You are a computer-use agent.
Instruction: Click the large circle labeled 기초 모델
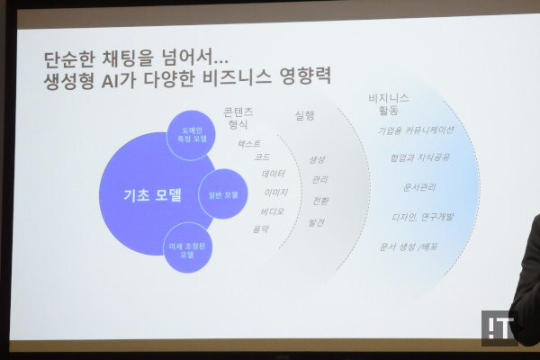point(148,193)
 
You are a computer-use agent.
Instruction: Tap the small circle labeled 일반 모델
point(222,193)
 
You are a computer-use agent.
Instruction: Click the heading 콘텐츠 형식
point(238,119)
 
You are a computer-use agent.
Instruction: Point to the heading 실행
point(305,115)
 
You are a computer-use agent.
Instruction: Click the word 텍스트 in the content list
point(249,143)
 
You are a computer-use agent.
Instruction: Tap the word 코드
point(263,157)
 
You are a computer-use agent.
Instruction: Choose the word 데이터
point(274,174)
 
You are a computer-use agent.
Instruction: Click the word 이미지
point(275,193)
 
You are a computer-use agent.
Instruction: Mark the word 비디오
point(272,211)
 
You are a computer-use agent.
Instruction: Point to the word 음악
point(261,229)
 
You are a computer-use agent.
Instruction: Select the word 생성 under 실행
point(317,159)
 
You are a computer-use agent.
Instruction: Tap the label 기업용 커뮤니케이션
point(417,130)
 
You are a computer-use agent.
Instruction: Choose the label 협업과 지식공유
point(420,157)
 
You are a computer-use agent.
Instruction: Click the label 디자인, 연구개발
point(420,216)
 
